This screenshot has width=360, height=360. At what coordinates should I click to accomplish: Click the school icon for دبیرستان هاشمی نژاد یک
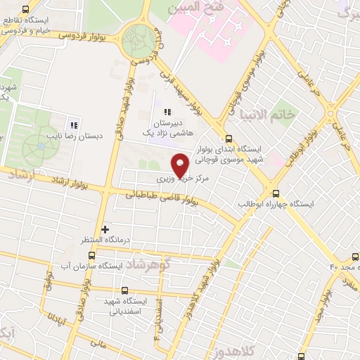tap(167, 112)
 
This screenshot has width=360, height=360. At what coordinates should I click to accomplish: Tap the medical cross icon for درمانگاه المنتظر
tap(105, 229)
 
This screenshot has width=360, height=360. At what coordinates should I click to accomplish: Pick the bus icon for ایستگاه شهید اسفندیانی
tap(125, 290)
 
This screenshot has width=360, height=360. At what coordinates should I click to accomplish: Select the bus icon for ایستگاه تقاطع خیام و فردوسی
tap(26, 10)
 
